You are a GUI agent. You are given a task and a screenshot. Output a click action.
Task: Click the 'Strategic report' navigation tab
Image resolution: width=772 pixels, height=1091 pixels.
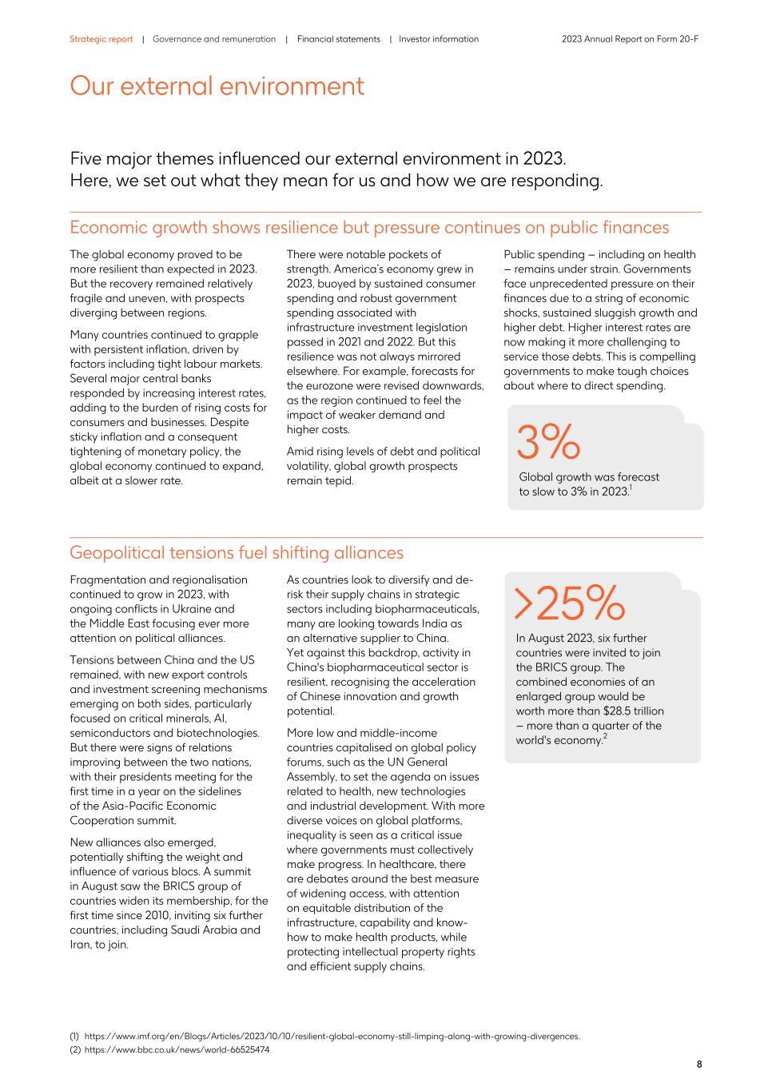point(101,39)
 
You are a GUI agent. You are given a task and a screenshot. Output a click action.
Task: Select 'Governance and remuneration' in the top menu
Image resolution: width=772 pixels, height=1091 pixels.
point(213,39)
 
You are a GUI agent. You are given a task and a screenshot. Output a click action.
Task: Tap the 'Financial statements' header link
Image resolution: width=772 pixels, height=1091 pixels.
point(338,39)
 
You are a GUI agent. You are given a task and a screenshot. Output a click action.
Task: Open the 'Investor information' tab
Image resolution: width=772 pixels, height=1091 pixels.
point(439,39)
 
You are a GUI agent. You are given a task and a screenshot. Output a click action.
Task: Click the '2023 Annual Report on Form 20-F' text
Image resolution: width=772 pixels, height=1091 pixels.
point(630,39)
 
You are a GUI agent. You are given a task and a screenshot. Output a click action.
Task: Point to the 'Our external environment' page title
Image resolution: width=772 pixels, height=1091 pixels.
point(217,86)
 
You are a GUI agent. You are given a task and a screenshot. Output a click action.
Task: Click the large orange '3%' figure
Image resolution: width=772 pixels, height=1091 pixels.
point(547,443)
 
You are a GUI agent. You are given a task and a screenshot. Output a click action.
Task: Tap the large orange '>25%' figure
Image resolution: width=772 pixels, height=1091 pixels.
point(568,603)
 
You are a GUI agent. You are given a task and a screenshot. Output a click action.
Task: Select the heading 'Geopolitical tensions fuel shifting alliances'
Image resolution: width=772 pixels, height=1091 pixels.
point(236,553)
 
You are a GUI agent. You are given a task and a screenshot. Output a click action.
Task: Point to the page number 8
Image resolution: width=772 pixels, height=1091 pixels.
point(699,1064)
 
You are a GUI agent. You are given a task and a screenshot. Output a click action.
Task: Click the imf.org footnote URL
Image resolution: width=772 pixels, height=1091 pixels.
point(331,1037)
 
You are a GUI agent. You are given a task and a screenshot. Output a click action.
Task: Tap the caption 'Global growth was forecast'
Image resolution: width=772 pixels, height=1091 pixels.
point(589,477)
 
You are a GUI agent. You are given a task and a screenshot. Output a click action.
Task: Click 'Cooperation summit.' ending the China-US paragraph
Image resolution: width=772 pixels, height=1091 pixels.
point(122,821)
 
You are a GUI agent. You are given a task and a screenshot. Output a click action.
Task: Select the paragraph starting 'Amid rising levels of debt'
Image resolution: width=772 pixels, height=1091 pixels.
point(383,466)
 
